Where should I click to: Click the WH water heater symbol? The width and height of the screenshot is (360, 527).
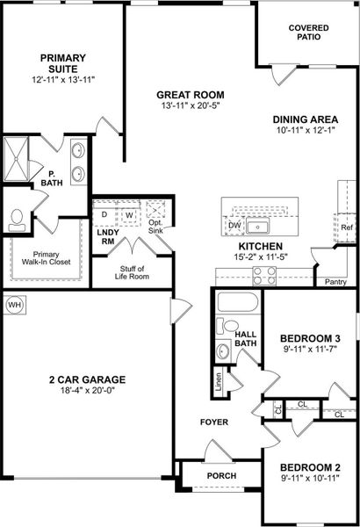point(14,305)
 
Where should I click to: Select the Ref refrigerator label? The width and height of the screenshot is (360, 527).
point(346,228)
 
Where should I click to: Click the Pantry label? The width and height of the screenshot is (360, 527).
point(335,282)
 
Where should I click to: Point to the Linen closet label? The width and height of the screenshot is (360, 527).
point(218,380)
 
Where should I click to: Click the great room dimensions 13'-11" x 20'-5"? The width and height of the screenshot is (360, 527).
point(191,108)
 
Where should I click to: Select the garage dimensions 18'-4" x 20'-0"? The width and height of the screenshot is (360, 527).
point(87,392)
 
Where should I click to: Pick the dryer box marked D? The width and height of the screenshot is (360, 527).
point(104,214)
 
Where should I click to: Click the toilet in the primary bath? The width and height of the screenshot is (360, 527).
point(17,216)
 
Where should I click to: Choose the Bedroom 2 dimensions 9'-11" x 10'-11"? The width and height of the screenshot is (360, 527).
point(315,480)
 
